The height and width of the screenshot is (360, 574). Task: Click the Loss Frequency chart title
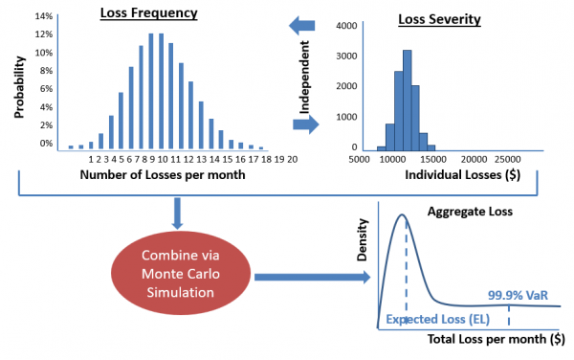coord(150,15)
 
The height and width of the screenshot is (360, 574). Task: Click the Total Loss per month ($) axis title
coord(487,339)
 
